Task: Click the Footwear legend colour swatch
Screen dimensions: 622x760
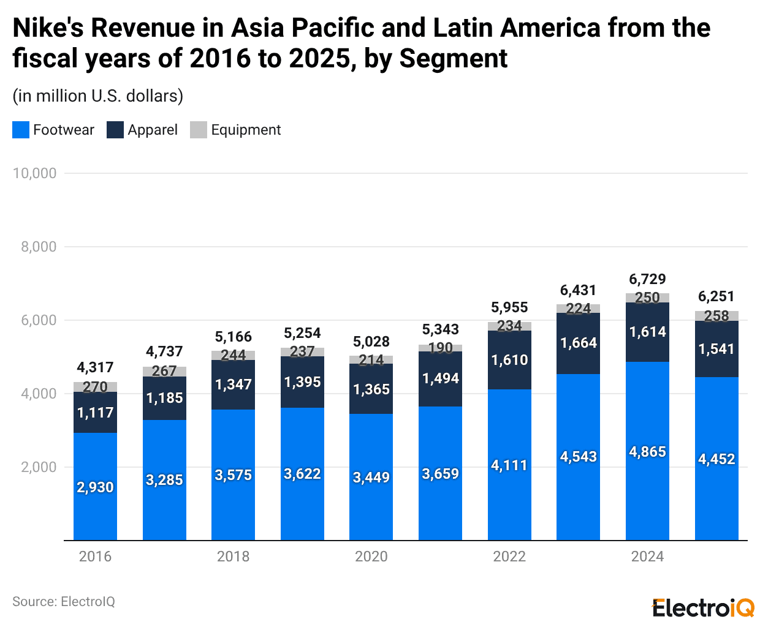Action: pyautogui.click(x=21, y=130)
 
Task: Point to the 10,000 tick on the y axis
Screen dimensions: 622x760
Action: pyautogui.click(x=34, y=173)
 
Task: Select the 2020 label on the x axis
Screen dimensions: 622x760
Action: pyautogui.click(x=371, y=556)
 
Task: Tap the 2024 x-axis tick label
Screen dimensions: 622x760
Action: pyautogui.click(x=647, y=556)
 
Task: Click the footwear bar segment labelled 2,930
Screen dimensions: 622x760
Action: pyautogui.click(x=95, y=487)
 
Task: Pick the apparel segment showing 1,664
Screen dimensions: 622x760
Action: pyautogui.click(x=578, y=343)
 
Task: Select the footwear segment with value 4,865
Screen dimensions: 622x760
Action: pyautogui.click(x=647, y=452)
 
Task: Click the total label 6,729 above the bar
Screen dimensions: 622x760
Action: pyautogui.click(x=647, y=279)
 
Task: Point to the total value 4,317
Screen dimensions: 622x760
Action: pyautogui.click(x=95, y=367)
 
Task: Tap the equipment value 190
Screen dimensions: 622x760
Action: pyautogui.click(x=440, y=348)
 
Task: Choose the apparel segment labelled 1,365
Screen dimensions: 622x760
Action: pyautogui.click(x=371, y=389)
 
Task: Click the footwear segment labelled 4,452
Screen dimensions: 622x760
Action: pyautogui.click(x=716, y=459)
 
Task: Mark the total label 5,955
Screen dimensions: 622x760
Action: pyautogui.click(x=509, y=307)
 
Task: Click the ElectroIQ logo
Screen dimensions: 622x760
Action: pyautogui.click(x=703, y=608)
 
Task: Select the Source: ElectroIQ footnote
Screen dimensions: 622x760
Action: pyautogui.click(x=64, y=602)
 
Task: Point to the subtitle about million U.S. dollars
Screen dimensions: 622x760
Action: pyautogui.click(x=98, y=96)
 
